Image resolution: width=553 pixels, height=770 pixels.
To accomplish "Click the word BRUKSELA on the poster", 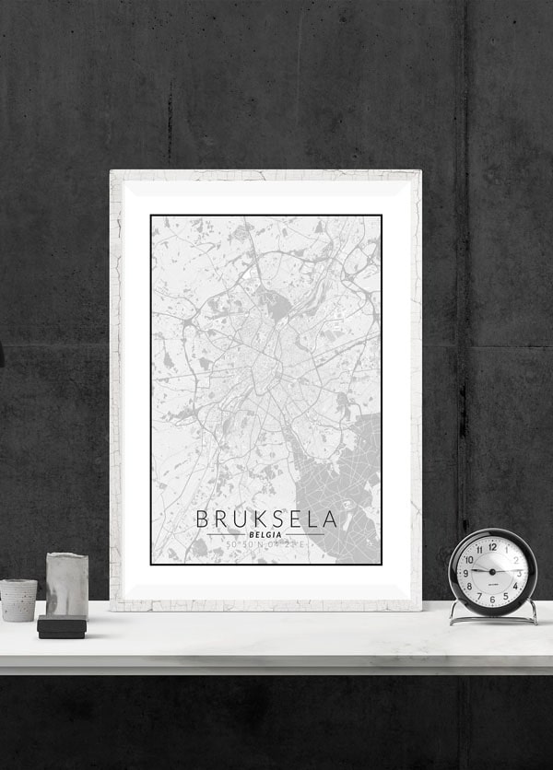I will pos(266,519).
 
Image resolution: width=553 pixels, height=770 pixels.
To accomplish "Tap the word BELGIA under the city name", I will pos(265,534).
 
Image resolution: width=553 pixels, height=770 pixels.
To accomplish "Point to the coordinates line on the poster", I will pos(265,546).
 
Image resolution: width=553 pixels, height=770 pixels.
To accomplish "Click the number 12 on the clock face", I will pos(492,545).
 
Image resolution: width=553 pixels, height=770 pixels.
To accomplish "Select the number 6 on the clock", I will pos(492,598).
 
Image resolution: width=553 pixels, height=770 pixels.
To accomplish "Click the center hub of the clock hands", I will pos(492,571).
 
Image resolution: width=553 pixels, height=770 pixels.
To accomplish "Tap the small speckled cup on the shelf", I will pos(18,600).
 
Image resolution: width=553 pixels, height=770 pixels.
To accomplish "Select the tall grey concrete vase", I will pos(67,584).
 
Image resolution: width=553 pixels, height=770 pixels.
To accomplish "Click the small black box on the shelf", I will pos(62,627).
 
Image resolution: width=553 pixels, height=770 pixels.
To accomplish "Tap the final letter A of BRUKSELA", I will pos(330,519).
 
